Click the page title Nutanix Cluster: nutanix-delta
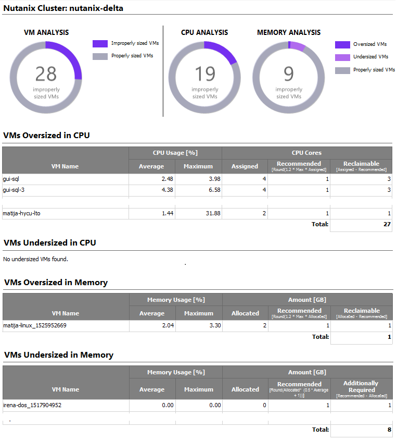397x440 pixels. (63, 8)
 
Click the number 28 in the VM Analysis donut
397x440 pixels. (46, 74)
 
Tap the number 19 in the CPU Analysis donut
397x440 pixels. (205, 74)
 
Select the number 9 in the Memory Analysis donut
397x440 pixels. (289, 74)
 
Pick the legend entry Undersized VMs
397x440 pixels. (370, 57)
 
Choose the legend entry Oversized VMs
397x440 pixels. (369, 44)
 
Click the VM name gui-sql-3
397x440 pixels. (14, 190)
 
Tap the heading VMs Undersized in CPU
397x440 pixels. (50, 243)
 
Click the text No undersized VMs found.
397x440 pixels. (35, 259)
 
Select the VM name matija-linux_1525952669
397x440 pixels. (34, 326)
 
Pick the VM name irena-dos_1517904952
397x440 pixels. (32, 405)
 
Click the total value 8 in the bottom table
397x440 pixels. (388, 430)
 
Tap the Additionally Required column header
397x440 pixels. (361, 386)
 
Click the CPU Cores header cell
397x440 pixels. (306, 153)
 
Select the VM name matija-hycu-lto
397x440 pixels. (21, 214)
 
